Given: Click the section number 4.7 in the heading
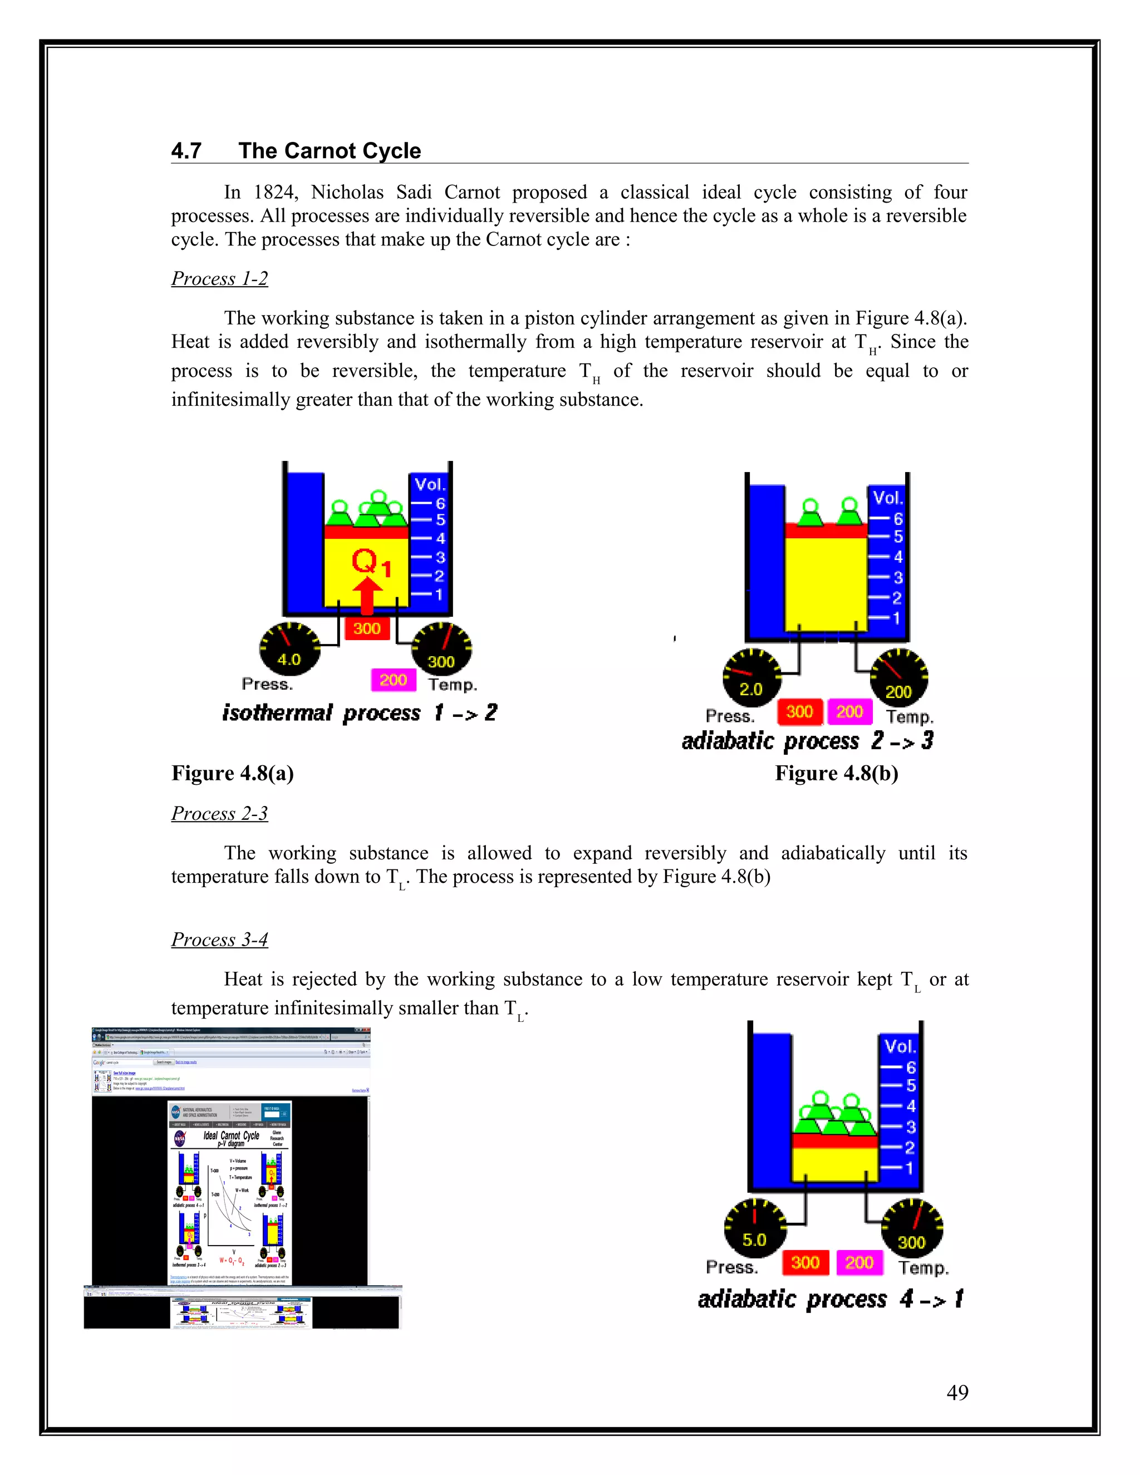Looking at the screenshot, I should pyautogui.click(x=186, y=151).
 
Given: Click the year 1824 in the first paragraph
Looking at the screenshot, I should pyautogui.click(x=274, y=193).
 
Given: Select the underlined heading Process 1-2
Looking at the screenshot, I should pyautogui.click(x=219, y=278).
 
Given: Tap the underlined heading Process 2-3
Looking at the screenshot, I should pyautogui.click(x=219, y=813).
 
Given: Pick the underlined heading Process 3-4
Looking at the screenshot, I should pyautogui.click(x=219, y=940).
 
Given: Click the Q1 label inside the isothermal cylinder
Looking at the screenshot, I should pyautogui.click(x=370, y=562).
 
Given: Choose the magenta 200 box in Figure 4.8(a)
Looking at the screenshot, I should pyautogui.click(x=393, y=680).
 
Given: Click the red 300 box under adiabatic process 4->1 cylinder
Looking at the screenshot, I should pyautogui.click(x=805, y=1262).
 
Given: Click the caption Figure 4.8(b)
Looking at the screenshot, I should pyautogui.click(x=836, y=773).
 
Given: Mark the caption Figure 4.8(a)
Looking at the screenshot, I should pyautogui.click(x=232, y=773).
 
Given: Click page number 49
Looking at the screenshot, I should pyautogui.click(x=957, y=1392).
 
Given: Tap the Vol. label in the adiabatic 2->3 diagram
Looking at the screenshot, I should pyautogui.click(x=887, y=498).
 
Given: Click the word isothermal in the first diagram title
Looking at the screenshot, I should pyautogui.click(x=278, y=712).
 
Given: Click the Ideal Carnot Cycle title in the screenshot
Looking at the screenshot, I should pyautogui.click(x=231, y=1136).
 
